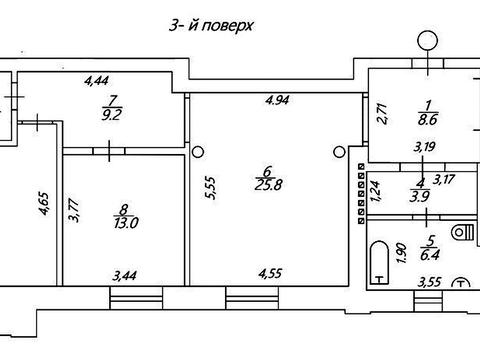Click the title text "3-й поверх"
point(211,26)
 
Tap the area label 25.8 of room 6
point(268,185)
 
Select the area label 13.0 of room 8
point(126,223)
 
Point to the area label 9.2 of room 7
point(112,115)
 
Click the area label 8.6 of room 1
point(428,119)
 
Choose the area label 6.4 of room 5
point(430,255)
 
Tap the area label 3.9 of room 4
point(420,197)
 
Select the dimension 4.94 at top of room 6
point(275,100)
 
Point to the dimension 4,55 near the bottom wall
point(270,274)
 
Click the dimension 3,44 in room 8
point(124,276)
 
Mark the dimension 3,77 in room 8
point(74,210)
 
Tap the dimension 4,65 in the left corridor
point(44,203)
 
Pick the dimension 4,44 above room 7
point(97,80)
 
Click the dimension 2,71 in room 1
point(384,114)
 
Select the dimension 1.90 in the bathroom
point(402,253)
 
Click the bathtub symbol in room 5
point(380,262)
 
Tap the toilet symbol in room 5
point(463,232)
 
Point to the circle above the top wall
point(427,40)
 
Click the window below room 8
point(136,298)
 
